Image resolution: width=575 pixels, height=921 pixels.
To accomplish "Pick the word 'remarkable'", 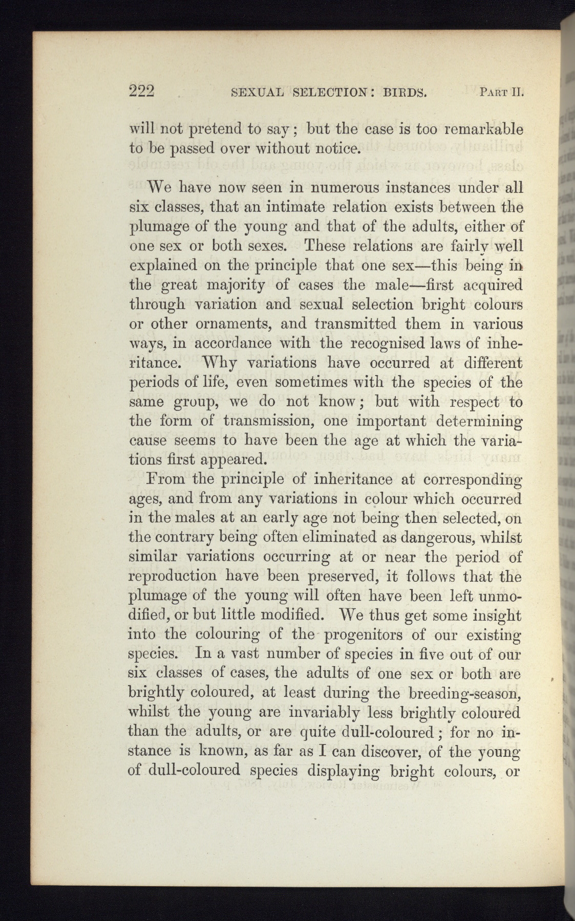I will click(482, 128).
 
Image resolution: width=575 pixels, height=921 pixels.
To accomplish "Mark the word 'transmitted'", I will click(355, 324).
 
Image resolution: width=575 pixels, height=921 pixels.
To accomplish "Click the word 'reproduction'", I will click(173, 577).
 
